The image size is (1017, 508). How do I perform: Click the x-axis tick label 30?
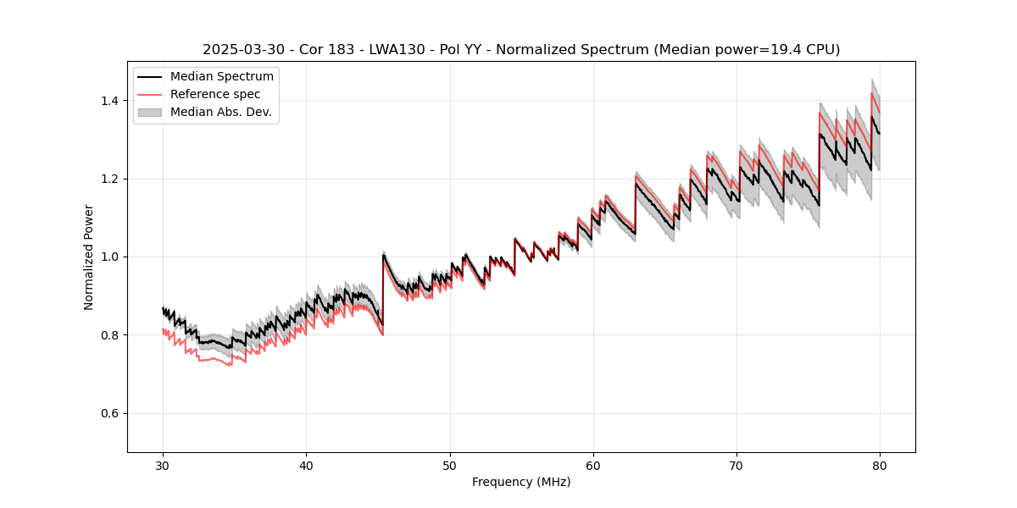(163, 465)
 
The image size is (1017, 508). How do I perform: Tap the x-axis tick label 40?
(306, 465)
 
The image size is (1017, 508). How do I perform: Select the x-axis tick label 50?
(449, 465)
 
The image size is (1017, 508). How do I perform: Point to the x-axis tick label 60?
(593, 465)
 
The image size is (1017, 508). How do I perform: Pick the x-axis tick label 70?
(736, 465)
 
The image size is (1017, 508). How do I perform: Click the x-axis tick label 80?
(880, 465)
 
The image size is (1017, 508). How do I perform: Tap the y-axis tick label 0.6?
(109, 413)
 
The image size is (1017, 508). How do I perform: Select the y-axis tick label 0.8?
(109, 335)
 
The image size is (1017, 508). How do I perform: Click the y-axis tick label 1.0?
(109, 257)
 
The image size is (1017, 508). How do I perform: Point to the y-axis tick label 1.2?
(109, 179)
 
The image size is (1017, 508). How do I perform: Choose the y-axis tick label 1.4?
(109, 101)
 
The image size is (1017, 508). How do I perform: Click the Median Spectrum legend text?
(222, 77)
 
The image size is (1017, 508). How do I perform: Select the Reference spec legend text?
(215, 94)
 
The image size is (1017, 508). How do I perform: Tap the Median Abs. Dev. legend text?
(221, 112)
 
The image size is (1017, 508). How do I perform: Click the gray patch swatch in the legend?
(150, 112)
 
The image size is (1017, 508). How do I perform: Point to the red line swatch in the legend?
(150, 94)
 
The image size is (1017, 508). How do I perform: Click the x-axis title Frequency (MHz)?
(521, 482)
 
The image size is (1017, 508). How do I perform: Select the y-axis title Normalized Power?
(89, 257)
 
